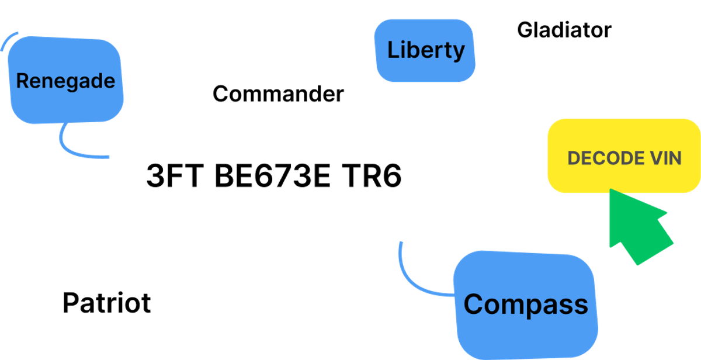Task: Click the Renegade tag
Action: (65, 81)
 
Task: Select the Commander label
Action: (278, 94)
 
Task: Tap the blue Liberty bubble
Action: (426, 50)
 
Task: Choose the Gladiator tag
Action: (564, 30)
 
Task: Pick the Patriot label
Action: (106, 302)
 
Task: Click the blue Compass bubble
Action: (526, 304)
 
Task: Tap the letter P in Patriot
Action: (71, 302)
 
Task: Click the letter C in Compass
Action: (476, 304)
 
